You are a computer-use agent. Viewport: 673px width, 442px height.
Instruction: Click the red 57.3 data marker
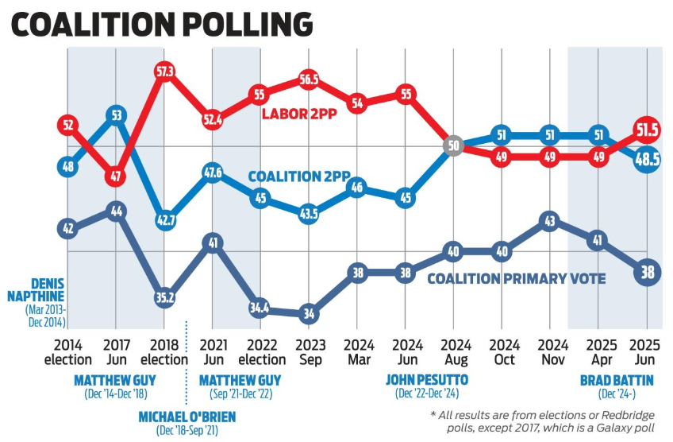(x=164, y=72)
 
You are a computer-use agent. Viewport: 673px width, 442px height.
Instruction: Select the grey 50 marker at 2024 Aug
(x=452, y=147)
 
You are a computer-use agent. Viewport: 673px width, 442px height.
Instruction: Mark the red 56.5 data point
(x=308, y=79)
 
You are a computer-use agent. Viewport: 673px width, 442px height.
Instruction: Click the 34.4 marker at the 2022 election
(x=260, y=306)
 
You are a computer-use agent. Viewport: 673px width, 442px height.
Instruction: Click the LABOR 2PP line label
(x=298, y=114)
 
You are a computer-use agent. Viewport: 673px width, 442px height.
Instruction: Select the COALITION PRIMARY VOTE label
(x=517, y=279)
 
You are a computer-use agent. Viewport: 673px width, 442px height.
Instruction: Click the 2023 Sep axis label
(x=308, y=352)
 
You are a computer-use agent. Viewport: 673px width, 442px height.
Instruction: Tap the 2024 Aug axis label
(x=452, y=352)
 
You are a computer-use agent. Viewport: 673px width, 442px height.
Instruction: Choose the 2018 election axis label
(x=164, y=352)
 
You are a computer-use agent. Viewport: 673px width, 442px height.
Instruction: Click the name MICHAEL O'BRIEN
(x=187, y=417)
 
